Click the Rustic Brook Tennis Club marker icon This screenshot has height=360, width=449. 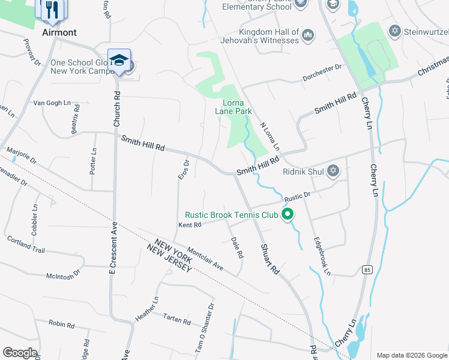(288, 214)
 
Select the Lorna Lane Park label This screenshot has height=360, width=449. (234, 107)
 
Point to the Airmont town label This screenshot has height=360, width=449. (59, 32)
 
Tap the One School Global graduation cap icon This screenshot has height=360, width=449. (119, 61)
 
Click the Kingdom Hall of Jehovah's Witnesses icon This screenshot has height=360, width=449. (308, 35)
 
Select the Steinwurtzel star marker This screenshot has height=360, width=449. (394, 31)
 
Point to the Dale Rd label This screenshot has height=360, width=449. (237, 247)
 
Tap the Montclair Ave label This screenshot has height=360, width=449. (205, 259)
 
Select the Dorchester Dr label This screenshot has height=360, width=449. (321, 68)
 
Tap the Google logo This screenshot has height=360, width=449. (20, 353)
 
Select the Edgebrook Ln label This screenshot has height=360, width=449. (322, 256)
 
